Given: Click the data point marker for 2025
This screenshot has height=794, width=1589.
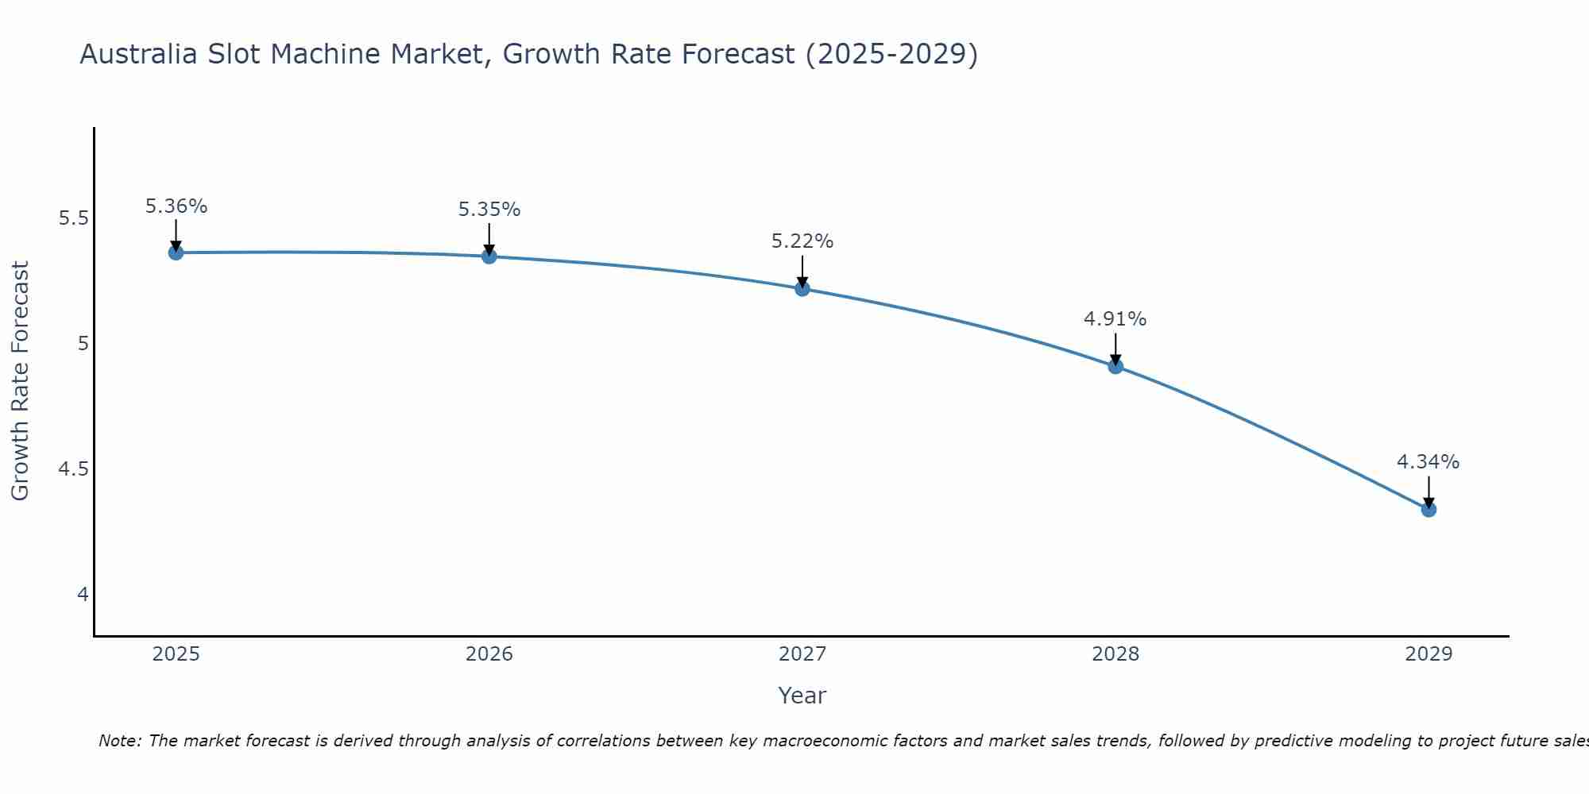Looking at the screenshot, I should coord(176,252).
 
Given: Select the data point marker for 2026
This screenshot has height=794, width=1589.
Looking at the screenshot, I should coord(489,256).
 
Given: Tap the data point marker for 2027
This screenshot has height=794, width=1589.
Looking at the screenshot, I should coord(802,289).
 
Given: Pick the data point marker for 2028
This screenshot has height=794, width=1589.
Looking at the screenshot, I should coord(1115,366).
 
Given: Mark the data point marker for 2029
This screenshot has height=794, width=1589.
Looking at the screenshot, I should coord(1429,509).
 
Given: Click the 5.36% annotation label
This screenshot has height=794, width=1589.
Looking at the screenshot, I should coord(176,206).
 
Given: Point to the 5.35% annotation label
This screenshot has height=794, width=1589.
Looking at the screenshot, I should coord(489,210).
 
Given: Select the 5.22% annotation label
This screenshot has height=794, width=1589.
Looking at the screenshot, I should coord(802,241).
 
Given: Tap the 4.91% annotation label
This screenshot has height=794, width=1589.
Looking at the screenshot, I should coord(1115,319).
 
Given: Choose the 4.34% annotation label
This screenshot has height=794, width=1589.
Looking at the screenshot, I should coord(1429,462).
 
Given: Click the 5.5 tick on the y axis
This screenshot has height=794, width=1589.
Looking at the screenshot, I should coord(74,218).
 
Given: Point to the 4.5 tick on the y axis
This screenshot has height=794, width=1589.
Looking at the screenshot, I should coord(74,469).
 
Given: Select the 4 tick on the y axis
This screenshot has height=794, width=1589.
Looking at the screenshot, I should coord(83,595).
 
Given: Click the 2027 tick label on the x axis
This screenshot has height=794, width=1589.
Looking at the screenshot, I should coord(802,654).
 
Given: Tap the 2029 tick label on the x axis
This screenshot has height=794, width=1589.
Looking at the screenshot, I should coord(1429,654).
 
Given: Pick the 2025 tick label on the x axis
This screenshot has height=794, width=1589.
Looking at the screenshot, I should coord(176,654).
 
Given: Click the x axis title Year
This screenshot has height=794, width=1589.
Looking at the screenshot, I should coord(802,696).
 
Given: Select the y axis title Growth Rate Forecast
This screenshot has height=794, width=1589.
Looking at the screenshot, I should coord(20,381).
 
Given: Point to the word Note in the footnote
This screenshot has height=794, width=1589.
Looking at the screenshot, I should coord(119,741).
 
